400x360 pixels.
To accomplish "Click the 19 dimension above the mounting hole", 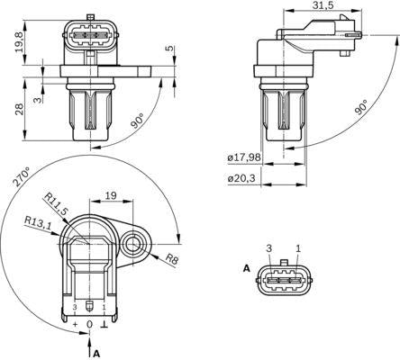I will tap(111, 194).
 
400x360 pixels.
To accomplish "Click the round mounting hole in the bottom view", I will tap(135, 242).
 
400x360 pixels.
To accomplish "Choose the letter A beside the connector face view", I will tap(246, 268).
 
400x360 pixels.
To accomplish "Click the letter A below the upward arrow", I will tap(95, 353).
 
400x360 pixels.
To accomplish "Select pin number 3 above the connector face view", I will tap(268, 247).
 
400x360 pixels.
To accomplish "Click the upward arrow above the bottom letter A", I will tap(89, 339).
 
